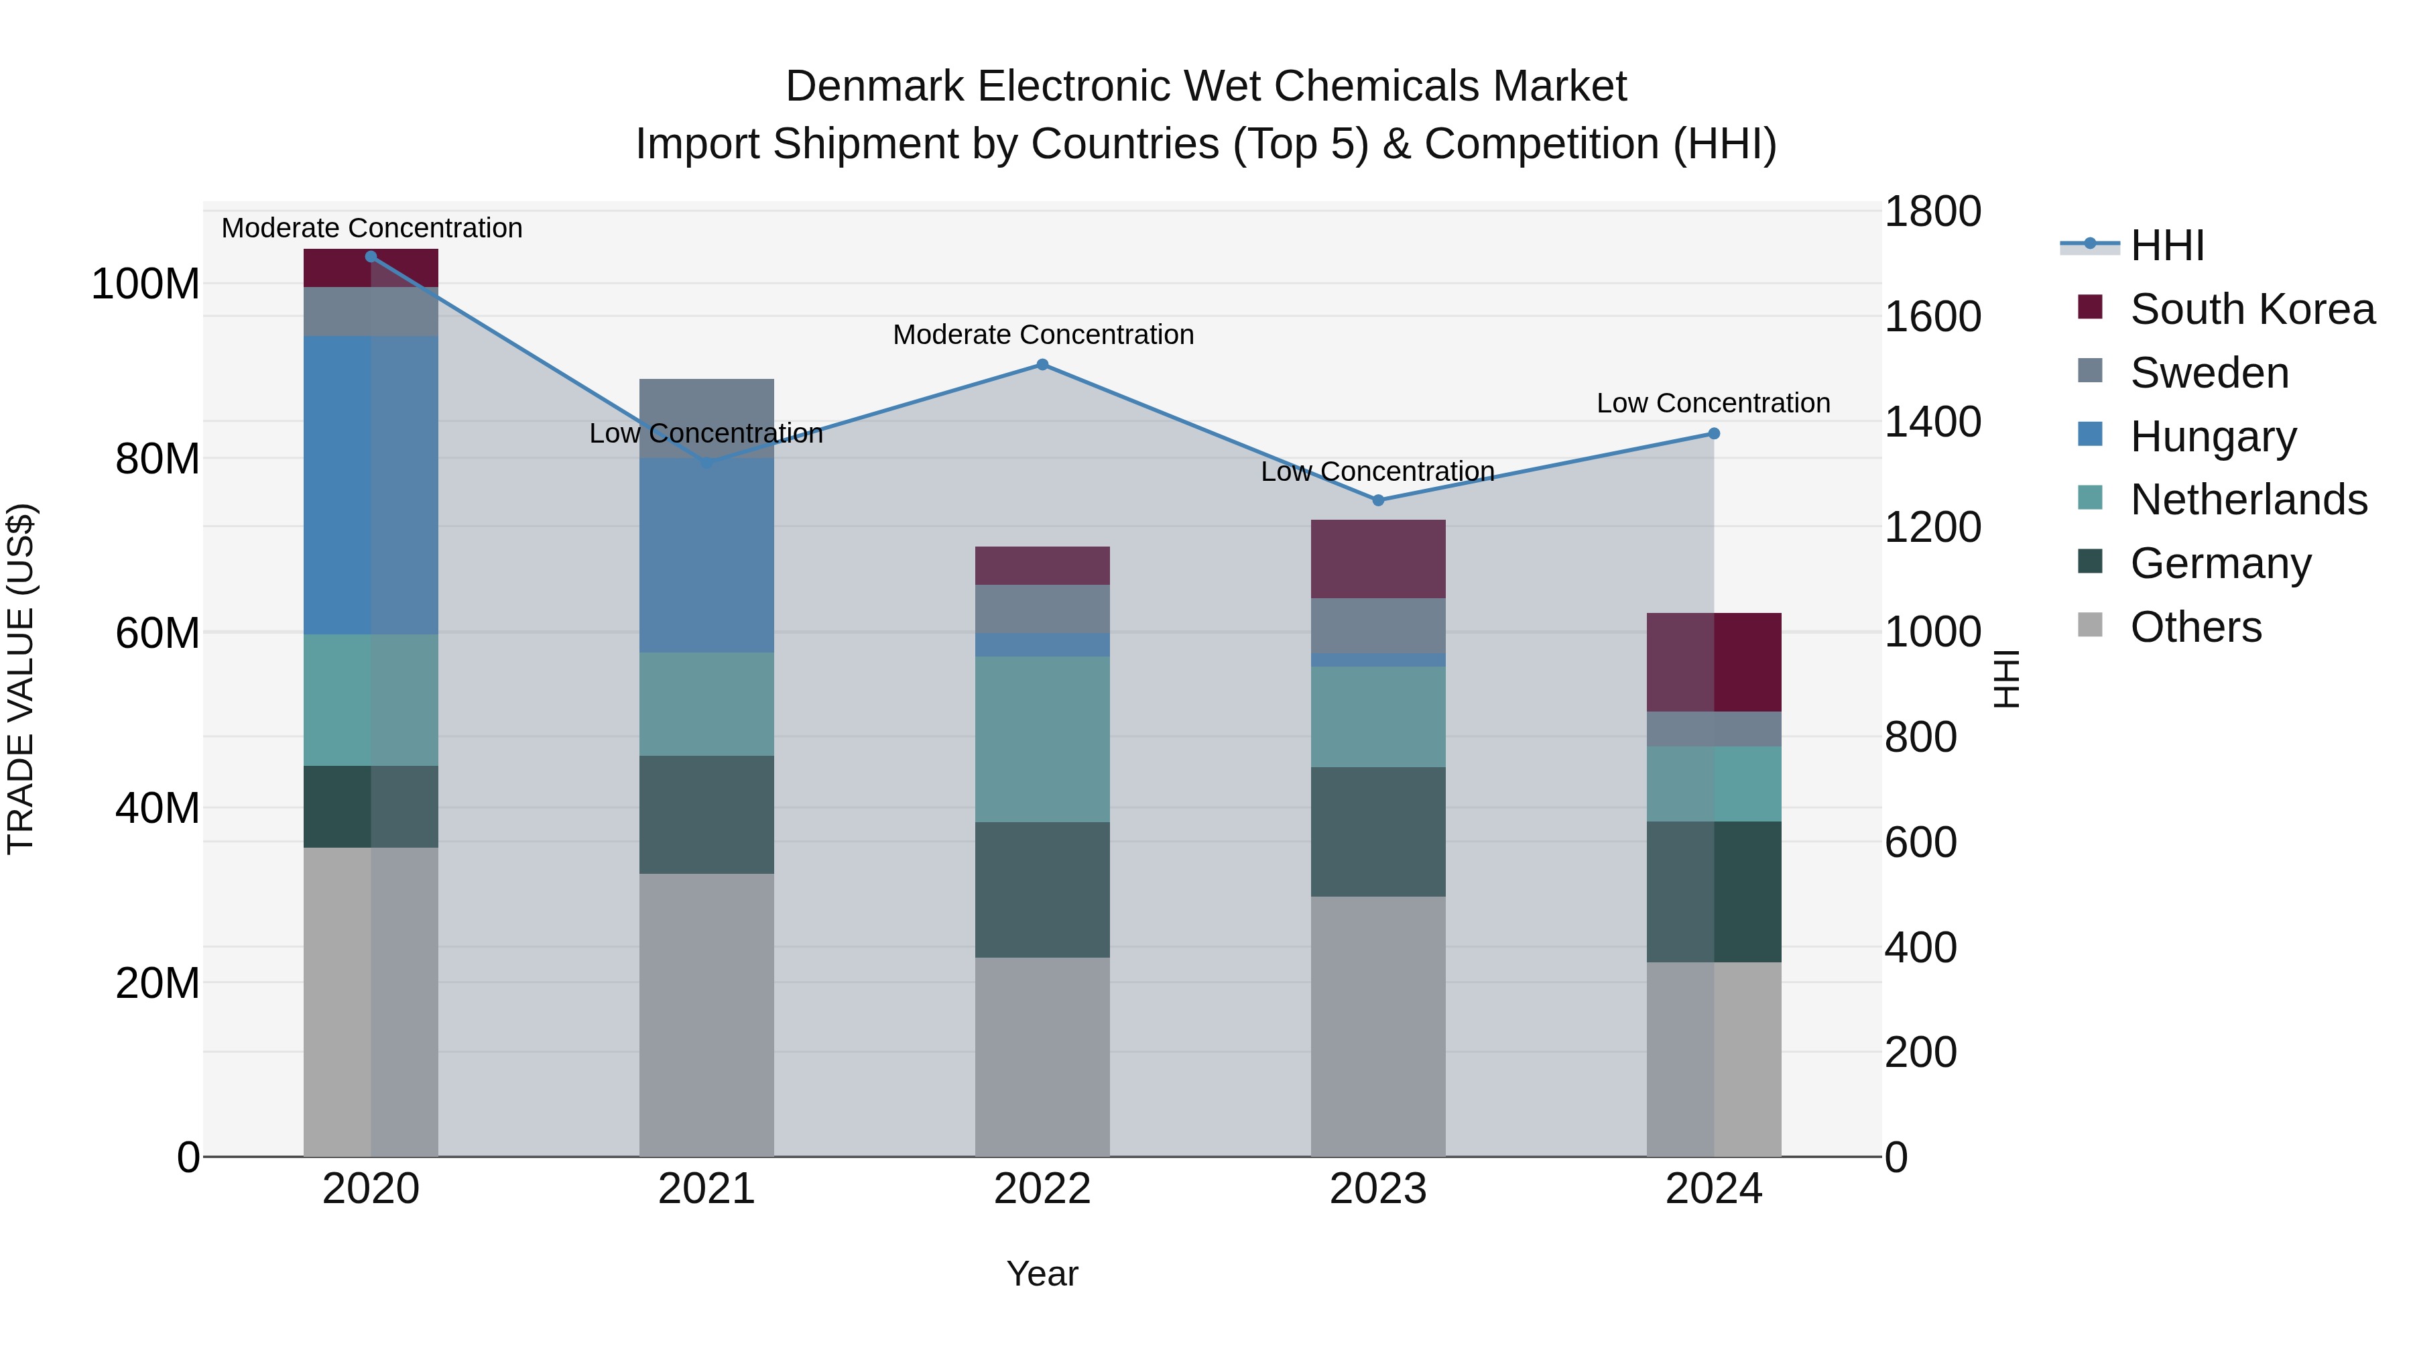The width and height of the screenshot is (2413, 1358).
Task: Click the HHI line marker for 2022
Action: tap(1042, 365)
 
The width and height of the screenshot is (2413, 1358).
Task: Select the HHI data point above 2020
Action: tap(371, 257)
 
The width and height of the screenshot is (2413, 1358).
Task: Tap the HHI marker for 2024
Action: tap(1714, 434)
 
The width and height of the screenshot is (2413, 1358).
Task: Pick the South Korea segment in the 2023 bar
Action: tap(1378, 559)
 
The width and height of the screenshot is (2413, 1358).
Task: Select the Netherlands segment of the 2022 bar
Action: tap(1042, 740)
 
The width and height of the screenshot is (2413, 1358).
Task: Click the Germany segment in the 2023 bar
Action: tap(1378, 832)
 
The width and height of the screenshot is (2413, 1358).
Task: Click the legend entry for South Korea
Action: tap(2252, 309)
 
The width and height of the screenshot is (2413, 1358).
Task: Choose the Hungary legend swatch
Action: tap(2090, 435)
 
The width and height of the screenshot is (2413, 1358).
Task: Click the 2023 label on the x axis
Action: tap(1378, 1189)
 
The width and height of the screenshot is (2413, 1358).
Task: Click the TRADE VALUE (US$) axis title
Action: tap(21, 679)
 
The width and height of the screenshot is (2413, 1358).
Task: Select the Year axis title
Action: tap(1042, 1274)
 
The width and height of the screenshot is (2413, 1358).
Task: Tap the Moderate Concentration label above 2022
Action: tap(1042, 335)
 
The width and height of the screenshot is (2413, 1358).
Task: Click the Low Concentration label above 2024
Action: tap(1713, 403)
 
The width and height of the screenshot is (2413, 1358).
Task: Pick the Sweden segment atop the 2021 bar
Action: tap(706, 418)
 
